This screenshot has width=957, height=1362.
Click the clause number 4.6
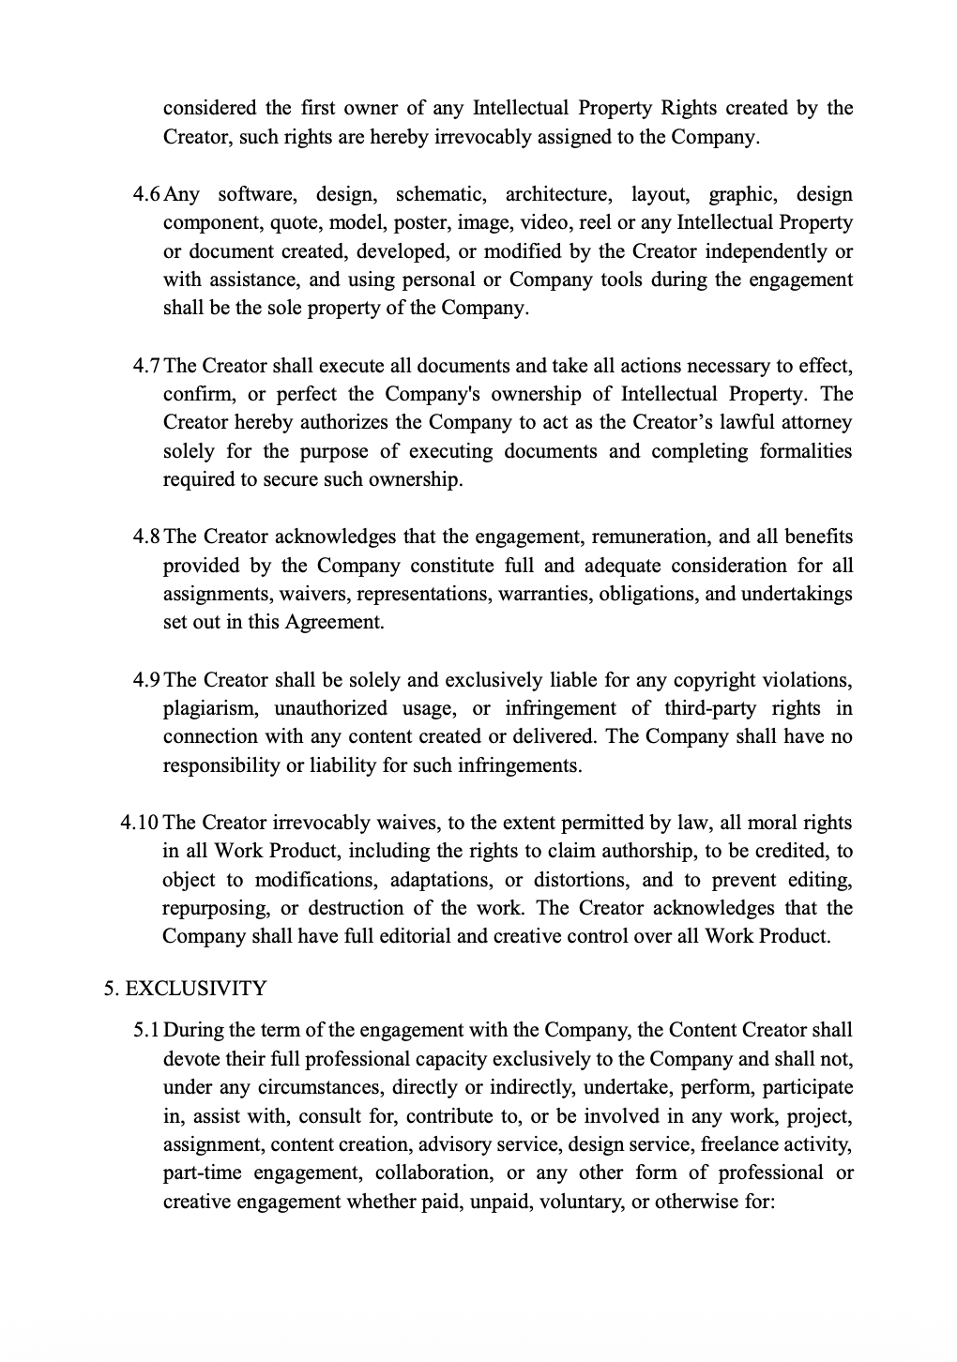147,195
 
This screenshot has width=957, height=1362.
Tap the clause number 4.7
147,366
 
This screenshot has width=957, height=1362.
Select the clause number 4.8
147,537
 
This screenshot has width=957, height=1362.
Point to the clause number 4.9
147,680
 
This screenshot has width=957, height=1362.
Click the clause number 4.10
140,824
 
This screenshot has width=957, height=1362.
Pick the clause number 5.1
147,1031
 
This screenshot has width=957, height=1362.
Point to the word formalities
806,451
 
